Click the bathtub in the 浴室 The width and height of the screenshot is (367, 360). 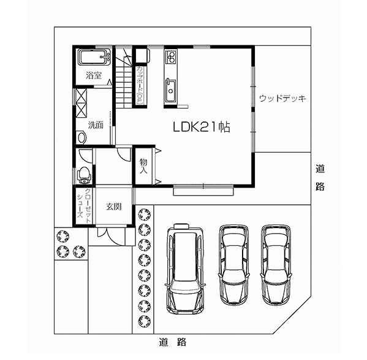point(94,59)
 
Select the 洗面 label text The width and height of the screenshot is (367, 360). point(95,124)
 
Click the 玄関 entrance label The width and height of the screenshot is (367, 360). point(113,207)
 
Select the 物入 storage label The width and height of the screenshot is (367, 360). point(143,166)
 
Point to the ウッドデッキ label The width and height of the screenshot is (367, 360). point(281,98)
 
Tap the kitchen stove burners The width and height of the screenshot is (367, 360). point(170,58)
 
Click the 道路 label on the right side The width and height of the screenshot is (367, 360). point(320,177)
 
